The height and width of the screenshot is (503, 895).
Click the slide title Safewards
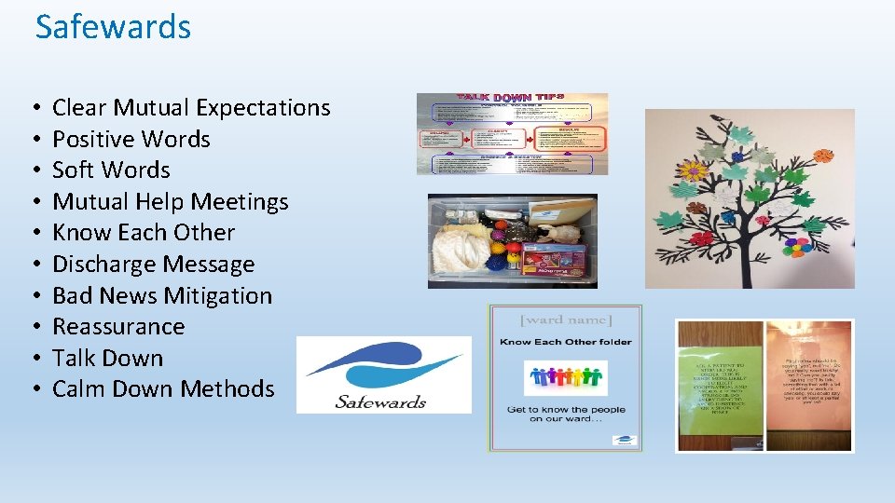113,27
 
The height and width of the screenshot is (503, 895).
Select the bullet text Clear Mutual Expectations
191,108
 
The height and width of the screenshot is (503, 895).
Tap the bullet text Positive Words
131,140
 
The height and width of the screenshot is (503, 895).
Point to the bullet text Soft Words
111,170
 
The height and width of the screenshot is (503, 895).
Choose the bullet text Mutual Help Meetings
170,202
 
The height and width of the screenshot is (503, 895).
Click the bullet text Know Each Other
144,233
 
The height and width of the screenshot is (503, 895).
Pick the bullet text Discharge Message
153,265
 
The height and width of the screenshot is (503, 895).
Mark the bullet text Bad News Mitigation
162,296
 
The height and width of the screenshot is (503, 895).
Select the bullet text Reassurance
118,327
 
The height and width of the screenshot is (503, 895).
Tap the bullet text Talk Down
107,359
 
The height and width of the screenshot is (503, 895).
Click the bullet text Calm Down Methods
163,389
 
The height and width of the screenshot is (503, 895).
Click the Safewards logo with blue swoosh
383,374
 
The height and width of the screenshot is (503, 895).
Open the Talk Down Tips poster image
512,134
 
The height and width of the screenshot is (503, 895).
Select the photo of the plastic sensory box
512,241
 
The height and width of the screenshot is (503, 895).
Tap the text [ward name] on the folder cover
565,321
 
